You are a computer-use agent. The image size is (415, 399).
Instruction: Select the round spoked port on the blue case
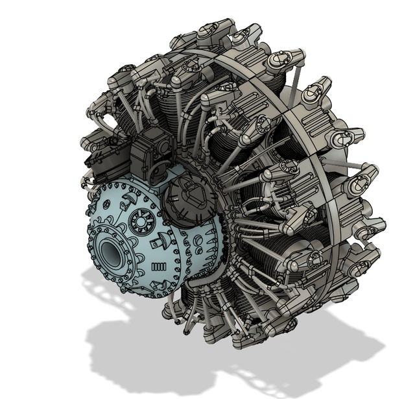coord(139,223)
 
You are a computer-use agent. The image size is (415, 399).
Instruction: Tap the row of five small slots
coord(159,268)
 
